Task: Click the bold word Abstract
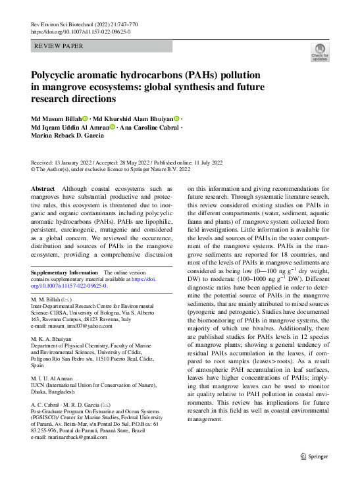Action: (43, 188)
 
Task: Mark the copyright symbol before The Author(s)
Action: (34, 170)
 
